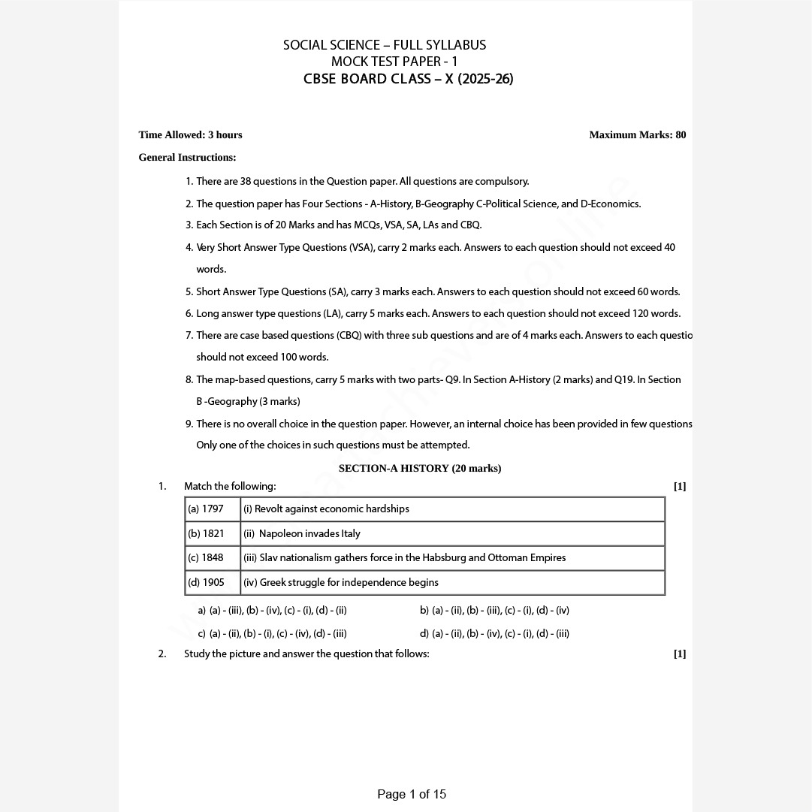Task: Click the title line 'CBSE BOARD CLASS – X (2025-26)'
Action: (x=408, y=79)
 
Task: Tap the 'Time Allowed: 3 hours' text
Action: (x=190, y=135)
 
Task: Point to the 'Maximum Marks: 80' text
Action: (x=637, y=135)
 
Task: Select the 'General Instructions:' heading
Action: (x=187, y=158)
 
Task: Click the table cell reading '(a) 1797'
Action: (x=206, y=509)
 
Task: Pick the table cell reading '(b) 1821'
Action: (x=207, y=534)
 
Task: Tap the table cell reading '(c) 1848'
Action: (x=206, y=558)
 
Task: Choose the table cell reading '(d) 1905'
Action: (x=207, y=583)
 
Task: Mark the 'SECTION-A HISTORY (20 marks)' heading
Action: (x=420, y=469)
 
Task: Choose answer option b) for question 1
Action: (x=494, y=611)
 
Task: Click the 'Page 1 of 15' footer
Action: (x=412, y=794)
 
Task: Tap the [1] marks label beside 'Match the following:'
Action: (x=679, y=487)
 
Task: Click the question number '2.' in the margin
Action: (x=162, y=654)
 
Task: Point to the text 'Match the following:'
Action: (x=230, y=487)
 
